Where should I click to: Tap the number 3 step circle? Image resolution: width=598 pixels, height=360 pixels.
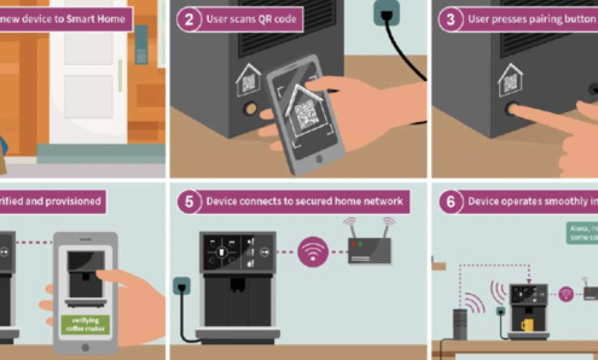pos(450,20)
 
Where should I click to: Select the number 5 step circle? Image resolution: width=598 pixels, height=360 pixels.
pos(189,201)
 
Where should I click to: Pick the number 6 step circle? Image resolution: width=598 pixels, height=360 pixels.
pos(450,201)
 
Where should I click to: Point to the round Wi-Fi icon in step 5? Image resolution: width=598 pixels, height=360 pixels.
pos(313,251)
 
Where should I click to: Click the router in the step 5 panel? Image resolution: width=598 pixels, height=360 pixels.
pos(369,250)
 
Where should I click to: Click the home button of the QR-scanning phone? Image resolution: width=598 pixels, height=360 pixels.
pos(319,159)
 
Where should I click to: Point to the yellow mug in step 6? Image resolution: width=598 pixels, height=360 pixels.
pos(527,325)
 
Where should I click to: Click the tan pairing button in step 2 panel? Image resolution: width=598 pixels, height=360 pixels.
pos(250,109)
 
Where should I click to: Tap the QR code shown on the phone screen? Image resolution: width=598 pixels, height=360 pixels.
pos(306,114)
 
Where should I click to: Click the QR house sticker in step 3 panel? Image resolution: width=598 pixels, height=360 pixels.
pos(510,81)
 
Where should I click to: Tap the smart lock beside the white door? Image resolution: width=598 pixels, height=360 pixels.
pos(141,44)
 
